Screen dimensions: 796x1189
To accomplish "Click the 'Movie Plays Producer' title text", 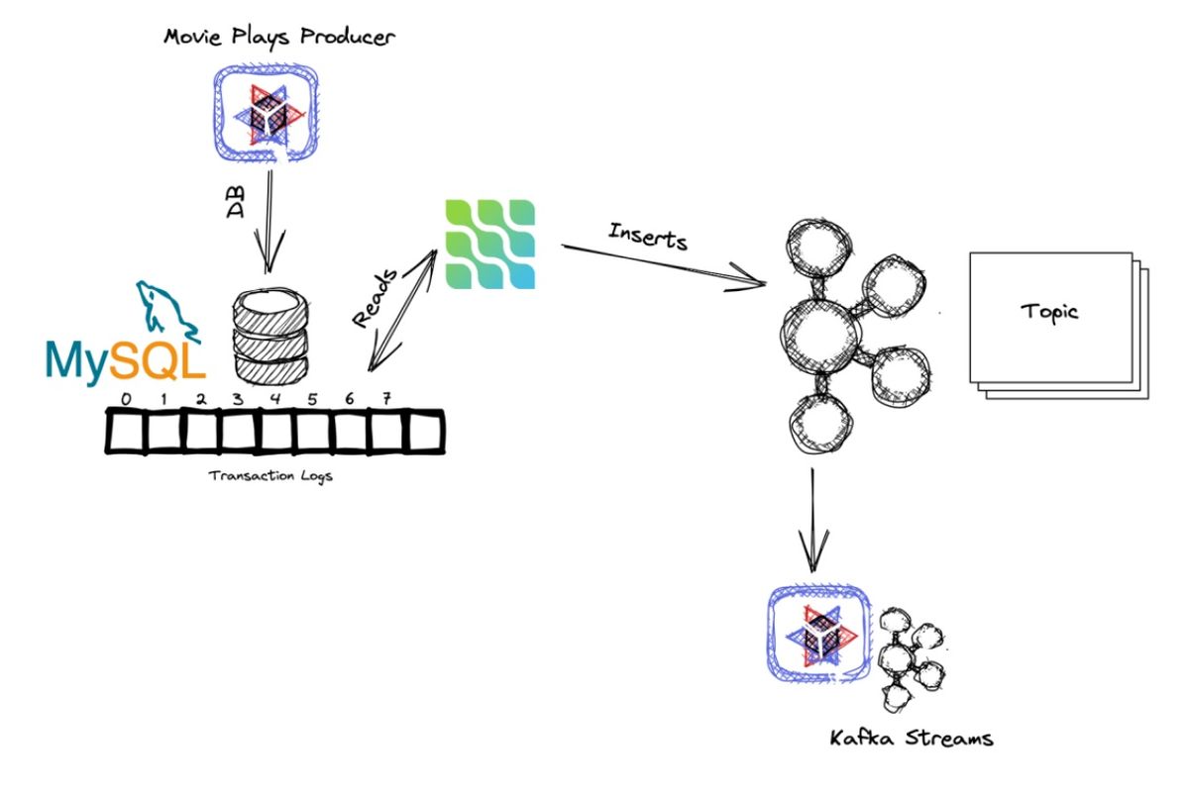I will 279,39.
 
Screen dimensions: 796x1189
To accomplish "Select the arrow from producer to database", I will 270,223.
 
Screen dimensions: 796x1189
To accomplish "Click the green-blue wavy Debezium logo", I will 490,244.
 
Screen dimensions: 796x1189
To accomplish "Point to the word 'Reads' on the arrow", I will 377,298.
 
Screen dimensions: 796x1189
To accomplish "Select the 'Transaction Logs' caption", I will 270,475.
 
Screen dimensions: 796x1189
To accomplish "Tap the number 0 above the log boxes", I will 125,399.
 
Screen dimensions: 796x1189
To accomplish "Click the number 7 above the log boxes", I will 386,398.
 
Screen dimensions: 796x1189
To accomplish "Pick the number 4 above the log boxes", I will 274,399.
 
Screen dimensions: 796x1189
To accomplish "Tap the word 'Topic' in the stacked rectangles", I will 1049,313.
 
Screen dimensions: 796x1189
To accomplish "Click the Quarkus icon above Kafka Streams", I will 818,634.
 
